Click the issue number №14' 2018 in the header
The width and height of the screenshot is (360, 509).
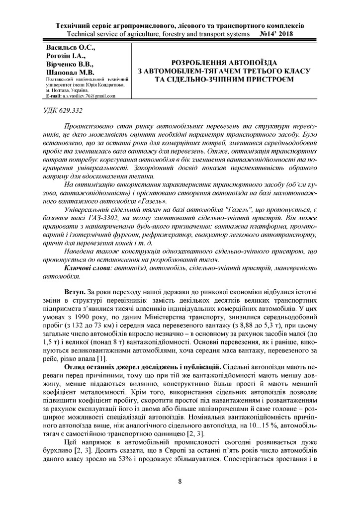[x=276, y=34]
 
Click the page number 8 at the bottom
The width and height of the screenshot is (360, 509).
[x=180, y=481]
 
